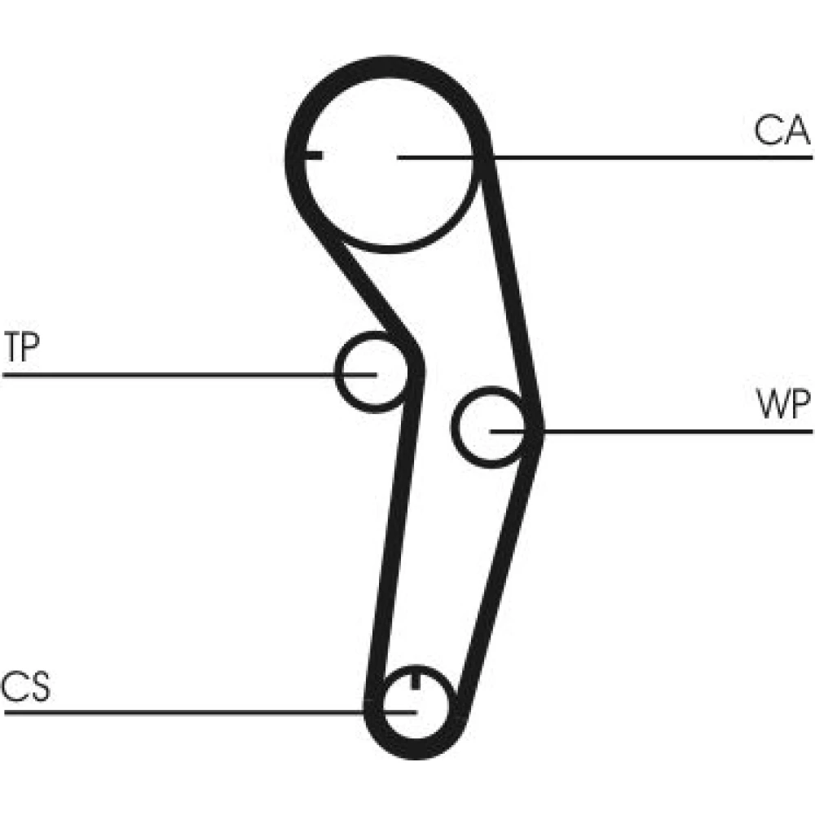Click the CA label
click(x=781, y=130)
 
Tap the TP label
click(x=22, y=348)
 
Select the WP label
click(x=783, y=404)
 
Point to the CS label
click(x=25, y=687)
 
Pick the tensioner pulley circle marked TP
click(x=371, y=372)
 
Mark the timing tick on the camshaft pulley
click(x=313, y=155)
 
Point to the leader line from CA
click(x=652, y=156)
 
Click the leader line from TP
click(x=163, y=374)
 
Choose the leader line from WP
click(x=676, y=430)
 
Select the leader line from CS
click(x=179, y=712)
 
